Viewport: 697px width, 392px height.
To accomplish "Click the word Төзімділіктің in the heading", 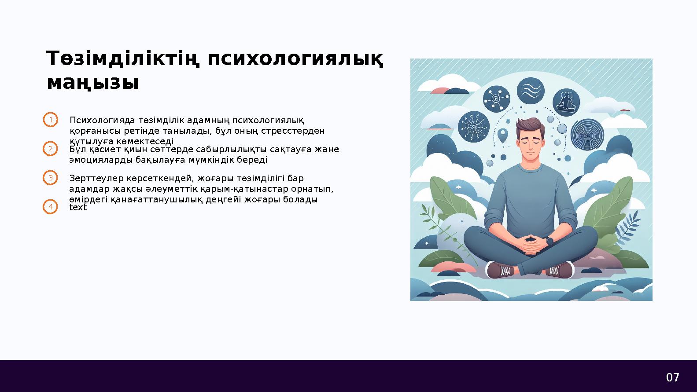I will coord(121,59).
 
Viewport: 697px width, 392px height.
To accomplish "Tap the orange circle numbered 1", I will coord(51,120).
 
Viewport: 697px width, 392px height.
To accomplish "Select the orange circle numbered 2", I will coord(51,149).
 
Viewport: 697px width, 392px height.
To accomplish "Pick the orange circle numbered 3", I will coord(51,178).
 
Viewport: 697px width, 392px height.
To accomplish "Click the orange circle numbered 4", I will coord(51,207).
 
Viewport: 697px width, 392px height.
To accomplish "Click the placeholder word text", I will coord(78,208).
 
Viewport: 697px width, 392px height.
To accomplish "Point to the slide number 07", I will coord(672,377).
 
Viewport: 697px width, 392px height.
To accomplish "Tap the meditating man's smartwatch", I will coord(550,241).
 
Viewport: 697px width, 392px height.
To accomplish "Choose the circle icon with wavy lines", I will coord(530,92).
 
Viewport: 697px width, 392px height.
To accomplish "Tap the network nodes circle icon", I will coord(496,99).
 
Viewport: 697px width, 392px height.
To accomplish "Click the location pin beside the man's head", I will coord(502,135).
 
